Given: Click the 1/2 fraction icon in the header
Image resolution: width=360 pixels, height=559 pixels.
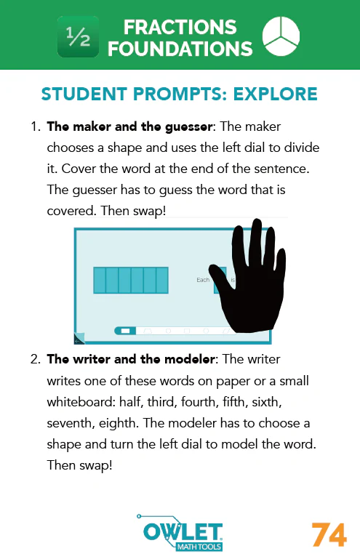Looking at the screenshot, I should (x=78, y=37).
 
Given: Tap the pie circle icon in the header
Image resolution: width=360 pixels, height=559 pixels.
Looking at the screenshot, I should (x=280, y=37).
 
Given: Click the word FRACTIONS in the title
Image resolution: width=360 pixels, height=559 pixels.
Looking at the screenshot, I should (x=180, y=28).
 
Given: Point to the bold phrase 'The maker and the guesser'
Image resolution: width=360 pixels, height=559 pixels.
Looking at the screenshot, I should (x=114, y=127).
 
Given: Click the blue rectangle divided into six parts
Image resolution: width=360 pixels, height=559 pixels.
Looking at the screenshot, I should (x=131, y=280).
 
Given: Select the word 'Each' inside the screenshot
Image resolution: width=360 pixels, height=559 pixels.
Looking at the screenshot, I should (x=203, y=280).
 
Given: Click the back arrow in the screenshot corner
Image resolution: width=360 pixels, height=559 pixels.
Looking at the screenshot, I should (x=79, y=338).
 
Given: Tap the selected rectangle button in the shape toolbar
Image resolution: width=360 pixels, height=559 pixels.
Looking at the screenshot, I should (x=125, y=331).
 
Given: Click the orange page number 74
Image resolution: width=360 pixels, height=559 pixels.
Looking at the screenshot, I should (x=329, y=535).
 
